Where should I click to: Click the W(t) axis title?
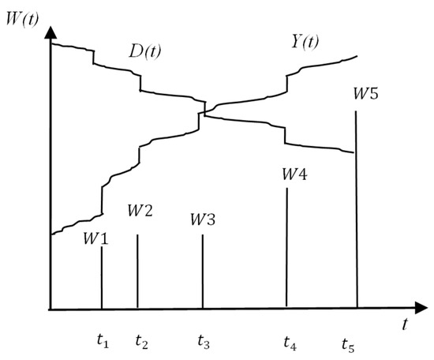tap(22, 20)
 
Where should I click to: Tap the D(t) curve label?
tap(144, 51)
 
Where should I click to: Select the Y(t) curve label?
tap(305, 42)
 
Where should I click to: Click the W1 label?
tap(95, 238)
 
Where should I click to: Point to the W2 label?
tap(140, 210)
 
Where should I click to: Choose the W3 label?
tap(203, 219)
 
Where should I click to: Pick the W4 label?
tap(294, 174)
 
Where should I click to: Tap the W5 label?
tap(365, 93)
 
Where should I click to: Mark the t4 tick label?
tap(290, 343)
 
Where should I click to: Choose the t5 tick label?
tap(348, 345)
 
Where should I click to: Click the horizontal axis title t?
tap(405, 324)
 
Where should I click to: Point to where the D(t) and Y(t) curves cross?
tap(205, 112)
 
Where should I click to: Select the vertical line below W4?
tap(286, 247)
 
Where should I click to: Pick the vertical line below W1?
tap(102, 277)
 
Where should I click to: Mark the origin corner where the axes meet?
tap(51, 309)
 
